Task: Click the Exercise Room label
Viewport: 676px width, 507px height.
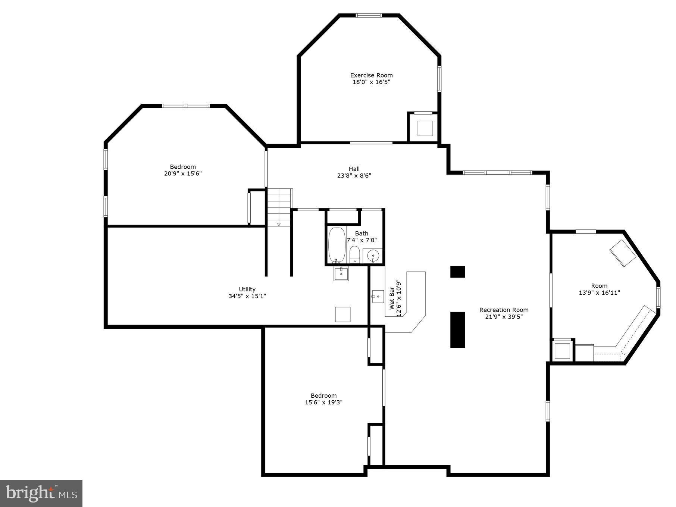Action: pyautogui.click(x=371, y=75)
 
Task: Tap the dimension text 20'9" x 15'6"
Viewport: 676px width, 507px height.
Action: pyautogui.click(x=183, y=173)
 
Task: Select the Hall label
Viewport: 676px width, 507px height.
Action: pyautogui.click(x=354, y=169)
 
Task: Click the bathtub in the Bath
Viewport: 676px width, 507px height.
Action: pyautogui.click(x=337, y=245)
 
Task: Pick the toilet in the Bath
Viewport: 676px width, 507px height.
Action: pyautogui.click(x=354, y=254)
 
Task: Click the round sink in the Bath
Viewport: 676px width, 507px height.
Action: pyautogui.click(x=373, y=256)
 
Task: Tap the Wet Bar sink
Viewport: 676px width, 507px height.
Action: pyautogui.click(x=378, y=297)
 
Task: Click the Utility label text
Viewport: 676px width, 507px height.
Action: pyautogui.click(x=247, y=289)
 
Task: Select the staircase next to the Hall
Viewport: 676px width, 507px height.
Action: pyautogui.click(x=279, y=207)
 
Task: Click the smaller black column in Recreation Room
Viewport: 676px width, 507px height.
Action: pyautogui.click(x=457, y=272)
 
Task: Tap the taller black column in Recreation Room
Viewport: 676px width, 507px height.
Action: pyautogui.click(x=457, y=329)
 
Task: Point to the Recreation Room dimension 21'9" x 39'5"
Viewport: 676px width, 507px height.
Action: pyautogui.click(x=504, y=317)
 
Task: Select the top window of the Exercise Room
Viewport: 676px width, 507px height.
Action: pyautogui.click(x=369, y=16)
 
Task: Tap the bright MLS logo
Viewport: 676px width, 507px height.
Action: pyautogui.click(x=41, y=493)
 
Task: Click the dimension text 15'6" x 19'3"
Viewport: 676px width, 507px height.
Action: pyautogui.click(x=323, y=402)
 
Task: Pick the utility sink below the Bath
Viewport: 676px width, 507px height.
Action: pyautogui.click(x=341, y=273)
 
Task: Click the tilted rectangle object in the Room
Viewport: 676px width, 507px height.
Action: pyautogui.click(x=623, y=253)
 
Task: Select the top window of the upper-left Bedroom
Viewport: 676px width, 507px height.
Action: pyautogui.click(x=186, y=106)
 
